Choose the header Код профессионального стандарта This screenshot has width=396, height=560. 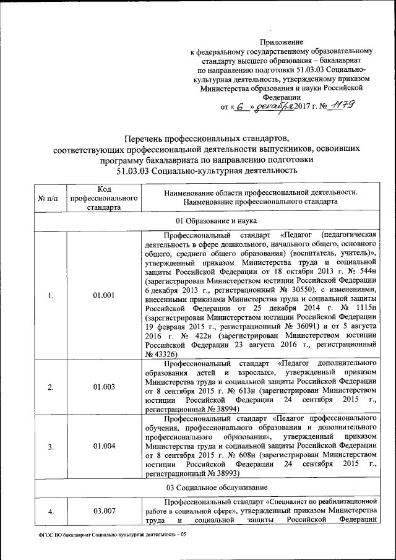pyautogui.click(x=103, y=198)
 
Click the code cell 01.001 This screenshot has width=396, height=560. pyautogui.click(x=103, y=295)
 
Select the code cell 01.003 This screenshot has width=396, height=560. pyautogui.click(x=103, y=387)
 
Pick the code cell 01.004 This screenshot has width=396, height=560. pyautogui.click(x=103, y=446)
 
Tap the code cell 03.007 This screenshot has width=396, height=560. pyautogui.click(x=103, y=510)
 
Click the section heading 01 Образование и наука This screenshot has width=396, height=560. pyautogui.click(x=207, y=221)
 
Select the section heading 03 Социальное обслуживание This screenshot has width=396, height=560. pyautogui.click(x=207, y=487)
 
